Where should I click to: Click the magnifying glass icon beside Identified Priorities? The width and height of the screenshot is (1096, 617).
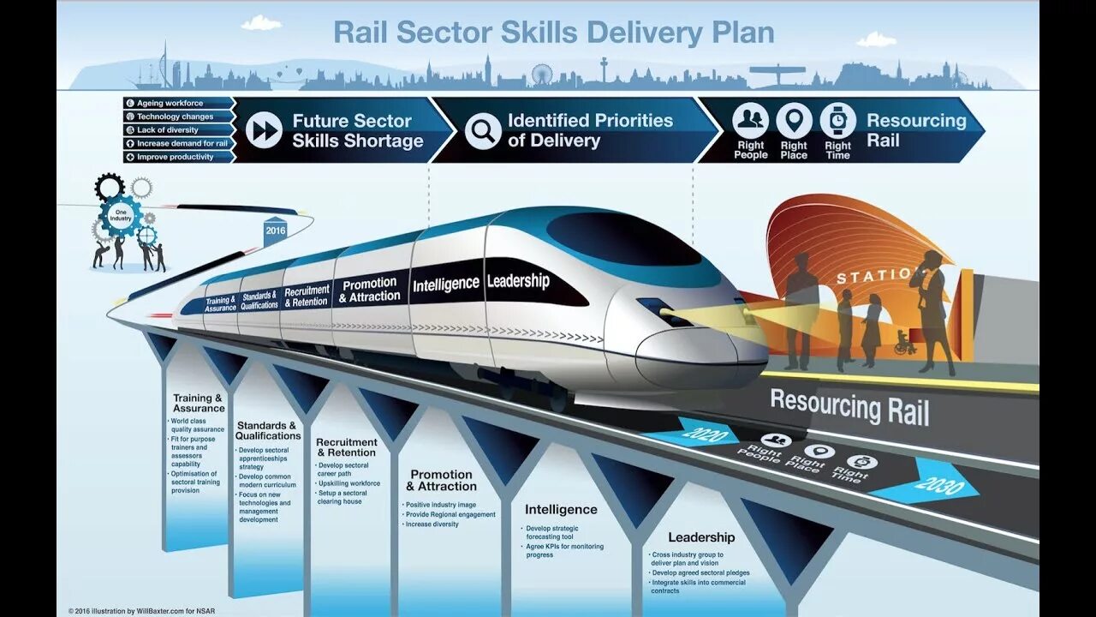(x=483, y=131)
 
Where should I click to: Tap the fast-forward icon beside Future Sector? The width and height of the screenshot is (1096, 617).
(x=264, y=131)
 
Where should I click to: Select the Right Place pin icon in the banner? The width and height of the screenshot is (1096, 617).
(x=794, y=121)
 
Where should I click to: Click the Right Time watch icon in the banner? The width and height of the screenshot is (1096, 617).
(x=837, y=121)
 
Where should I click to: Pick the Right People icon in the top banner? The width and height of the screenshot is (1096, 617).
(x=750, y=121)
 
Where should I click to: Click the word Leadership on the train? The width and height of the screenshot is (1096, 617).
(x=518, y=280)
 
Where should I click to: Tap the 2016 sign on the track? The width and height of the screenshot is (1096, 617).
(x=275, y=231)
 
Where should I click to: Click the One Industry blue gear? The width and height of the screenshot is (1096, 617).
(x=121, y=216)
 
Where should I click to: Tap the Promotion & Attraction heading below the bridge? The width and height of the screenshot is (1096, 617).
(x=441, y=480)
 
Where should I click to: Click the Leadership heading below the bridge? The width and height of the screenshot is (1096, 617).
(x=701, y=537)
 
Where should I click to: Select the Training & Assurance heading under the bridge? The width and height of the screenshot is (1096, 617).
(x=198, y=403)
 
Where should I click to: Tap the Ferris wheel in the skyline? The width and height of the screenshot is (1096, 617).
(x=541, y=75)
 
